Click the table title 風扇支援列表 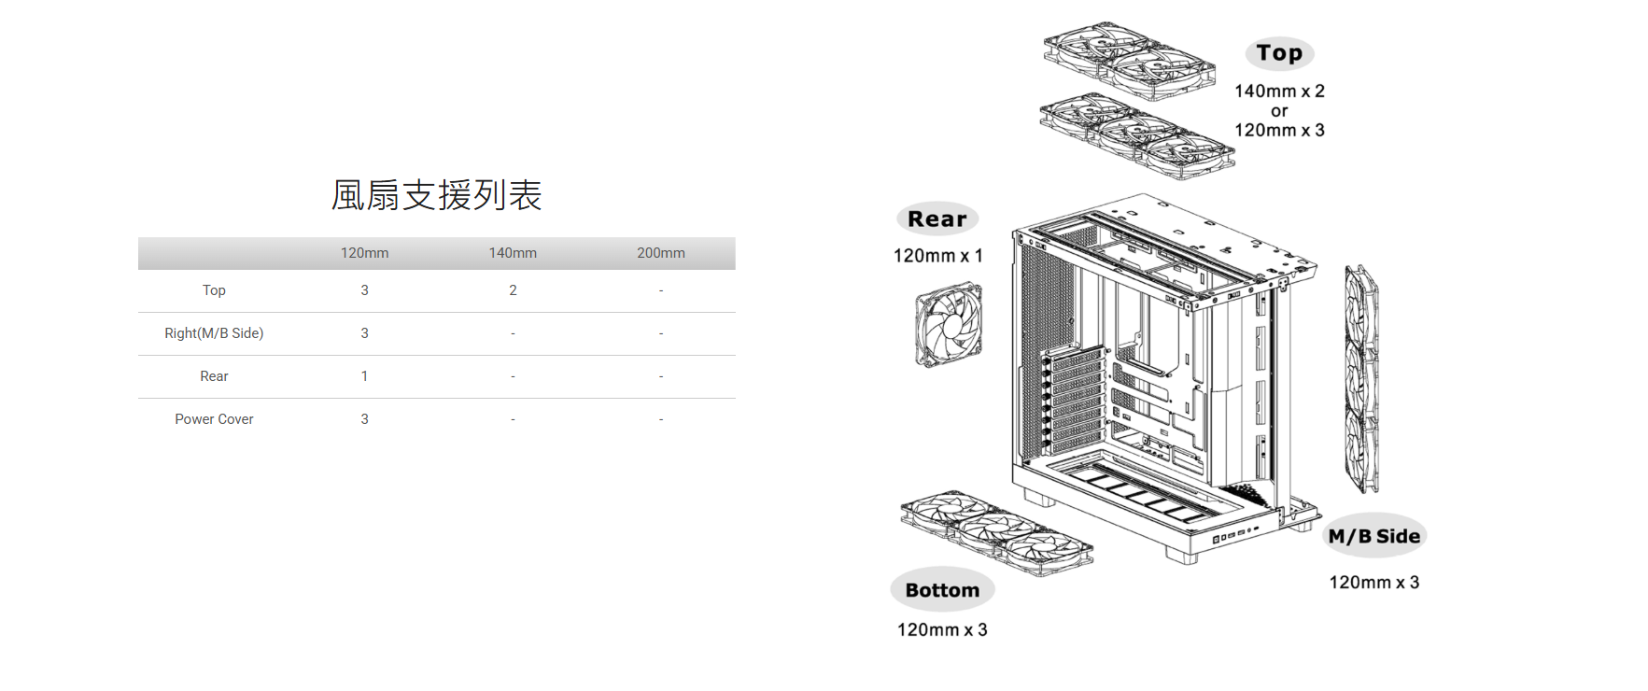tap(436, 195)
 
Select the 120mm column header tap(364, 253)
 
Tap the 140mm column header tap(513, 253)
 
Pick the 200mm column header tap(661, 253)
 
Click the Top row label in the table tap(214, 290)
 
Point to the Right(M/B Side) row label tap(214, 333)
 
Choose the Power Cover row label tap(214, 419)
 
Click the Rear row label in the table tap(214, 376)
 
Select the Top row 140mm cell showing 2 tap(513, 290)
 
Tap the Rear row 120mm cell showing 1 tap(364, 376)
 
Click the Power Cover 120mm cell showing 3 tap(364, 419)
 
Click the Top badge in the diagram tap(1279, 53)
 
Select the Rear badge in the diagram tap(937, 219)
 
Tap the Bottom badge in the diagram tap(942, 590)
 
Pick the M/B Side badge tap(1374, 536)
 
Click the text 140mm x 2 tap(1279, 92)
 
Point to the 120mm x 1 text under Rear tap(938, 256)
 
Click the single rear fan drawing tap(949, 326)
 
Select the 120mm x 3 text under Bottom tap(942, 630)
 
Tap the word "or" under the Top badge tap(1279, 111)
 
